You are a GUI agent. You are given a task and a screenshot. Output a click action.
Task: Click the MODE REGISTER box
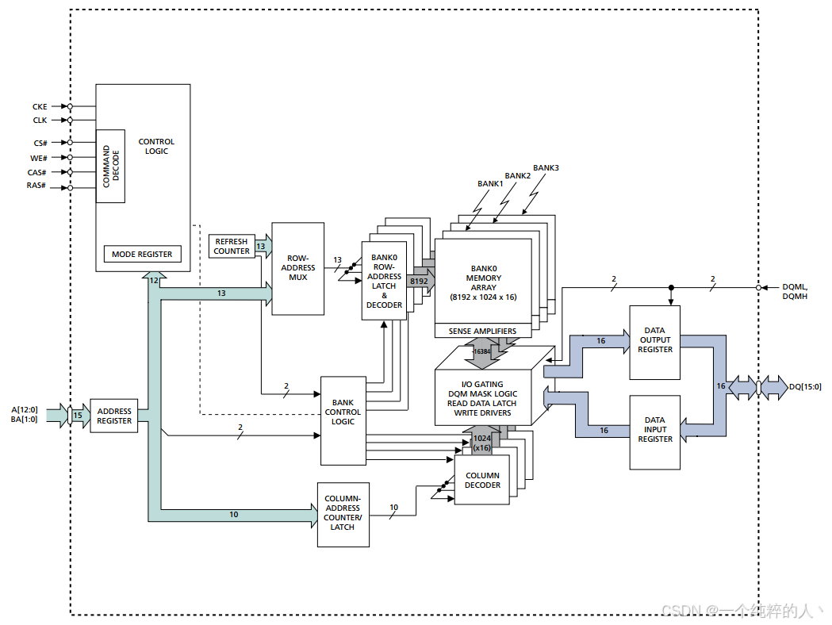[x=142, y=255]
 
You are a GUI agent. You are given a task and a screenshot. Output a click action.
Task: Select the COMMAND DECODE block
[x=111, y=166]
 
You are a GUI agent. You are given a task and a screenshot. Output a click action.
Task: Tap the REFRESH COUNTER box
[x=232, y=246]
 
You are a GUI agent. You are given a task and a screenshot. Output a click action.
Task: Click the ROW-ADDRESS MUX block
[x=298, y=268]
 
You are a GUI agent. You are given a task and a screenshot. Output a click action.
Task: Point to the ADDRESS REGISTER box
[x=114, y=416]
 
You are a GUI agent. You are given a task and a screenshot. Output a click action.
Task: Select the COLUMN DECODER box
[x=482, y=481]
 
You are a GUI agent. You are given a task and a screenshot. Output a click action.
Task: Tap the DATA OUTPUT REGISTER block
[x=655, y=340]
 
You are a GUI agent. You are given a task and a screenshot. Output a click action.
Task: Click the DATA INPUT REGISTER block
[x=655, y=430]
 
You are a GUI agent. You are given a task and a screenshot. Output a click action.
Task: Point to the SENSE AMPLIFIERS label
[x=482, y=331]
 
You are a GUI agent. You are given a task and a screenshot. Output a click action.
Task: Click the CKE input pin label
[x=40, y=106]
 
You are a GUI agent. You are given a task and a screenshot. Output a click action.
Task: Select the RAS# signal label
[x=36, y=186]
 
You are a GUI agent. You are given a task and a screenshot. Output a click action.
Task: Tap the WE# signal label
[x=39, y=158]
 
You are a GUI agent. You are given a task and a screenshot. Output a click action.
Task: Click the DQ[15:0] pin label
[x=805, y=387]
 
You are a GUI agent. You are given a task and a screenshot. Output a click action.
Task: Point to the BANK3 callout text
[x=546, y=168]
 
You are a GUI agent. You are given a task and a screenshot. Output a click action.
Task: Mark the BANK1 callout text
[x=490, y=184]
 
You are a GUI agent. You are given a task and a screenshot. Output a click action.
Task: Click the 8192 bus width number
[x=419, y=282]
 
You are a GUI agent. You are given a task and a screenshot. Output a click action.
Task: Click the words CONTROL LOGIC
[x=156, y=147]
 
